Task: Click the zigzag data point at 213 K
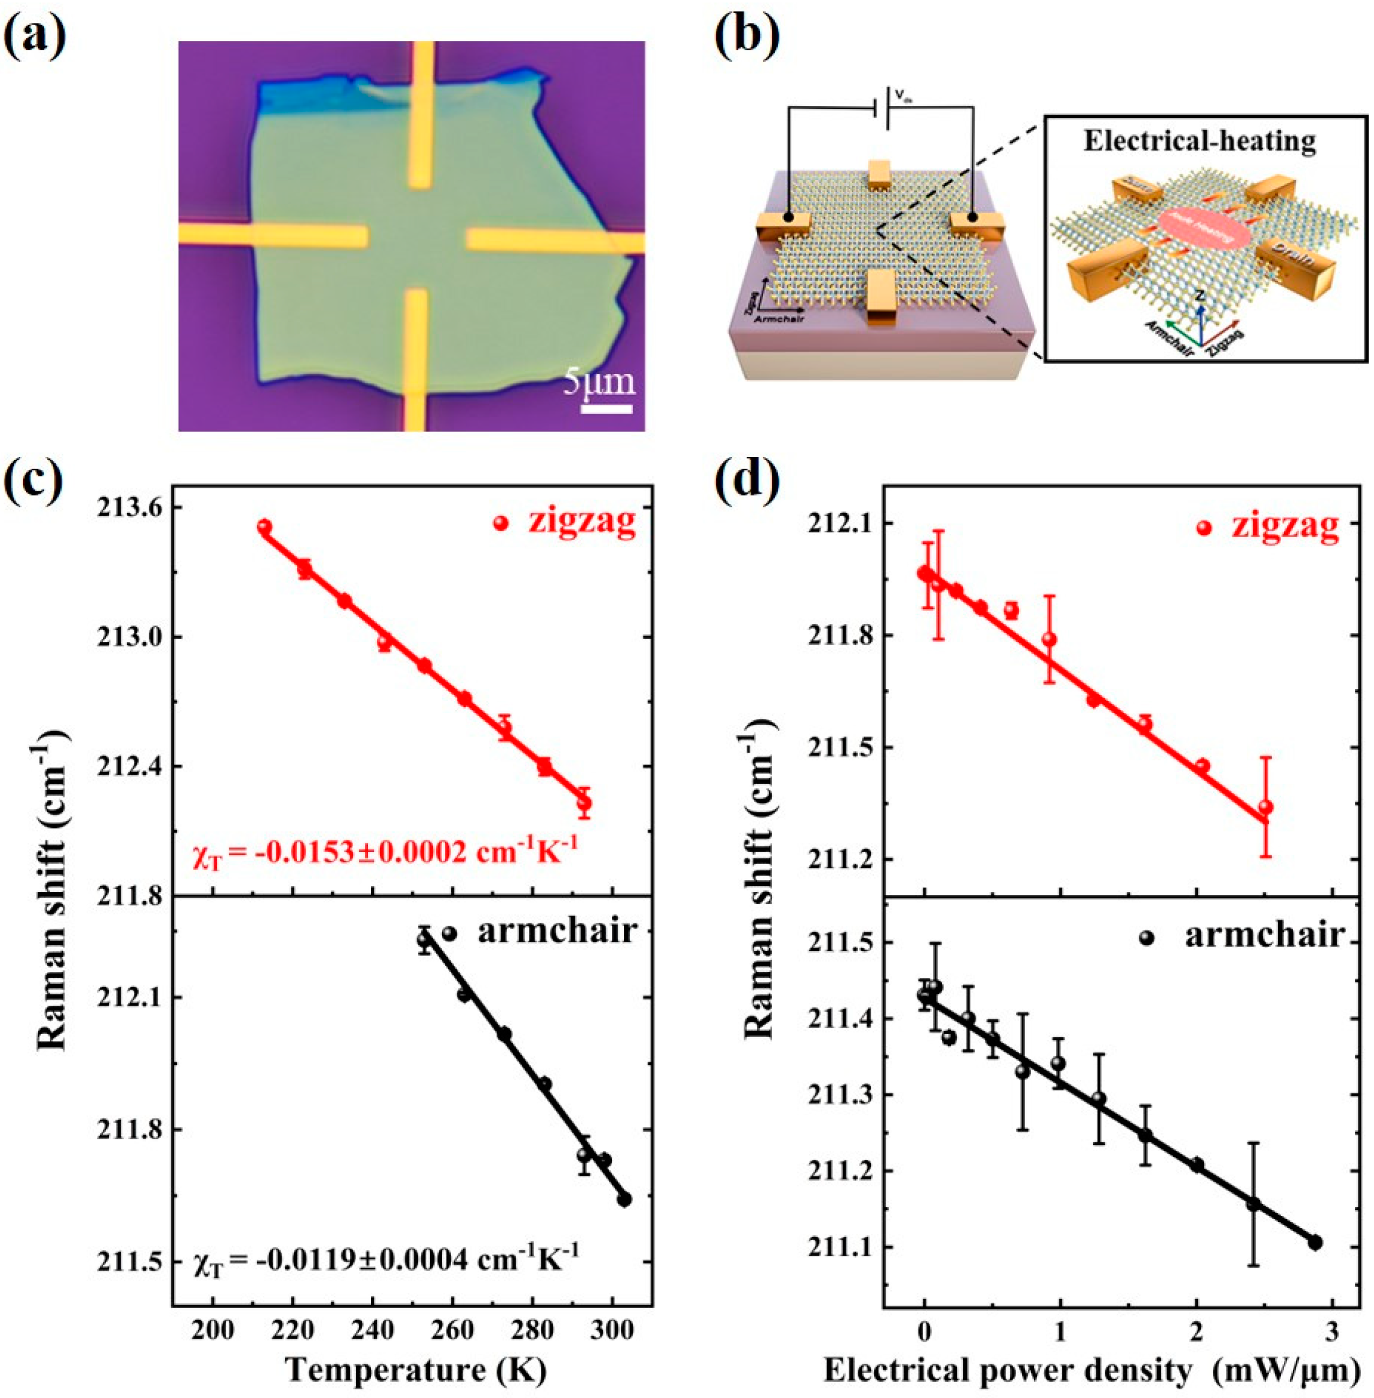point(264,527)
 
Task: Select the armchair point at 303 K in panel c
point(624,1199)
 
